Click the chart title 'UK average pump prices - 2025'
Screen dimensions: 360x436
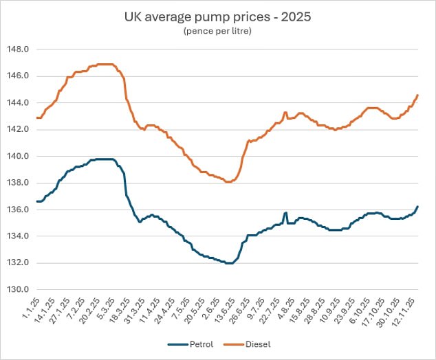(x=217, y=16)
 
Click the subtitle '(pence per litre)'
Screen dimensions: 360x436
(x=217, y=31)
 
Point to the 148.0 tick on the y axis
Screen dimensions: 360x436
(x=17, y=49)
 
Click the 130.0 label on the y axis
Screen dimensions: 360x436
(x=17, y=289)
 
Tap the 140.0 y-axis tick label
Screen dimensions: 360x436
(x=17, y=156)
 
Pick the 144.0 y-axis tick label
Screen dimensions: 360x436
(x=17, y=103)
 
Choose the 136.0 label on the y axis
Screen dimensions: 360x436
(x=17, y=210)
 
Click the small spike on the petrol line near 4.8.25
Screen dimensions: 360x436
(x=285, y=213)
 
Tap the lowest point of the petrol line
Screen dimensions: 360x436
(x=228, y=263)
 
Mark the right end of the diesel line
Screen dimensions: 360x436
(x=417, y=95)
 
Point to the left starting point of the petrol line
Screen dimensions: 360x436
(x=37, y=201)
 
